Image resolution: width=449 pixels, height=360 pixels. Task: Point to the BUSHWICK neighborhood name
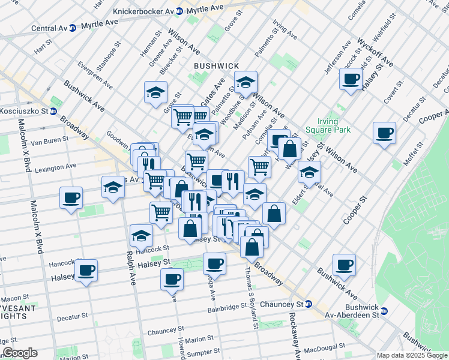tap(216, 66)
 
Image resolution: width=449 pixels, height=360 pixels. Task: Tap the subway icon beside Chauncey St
tap(309, 304)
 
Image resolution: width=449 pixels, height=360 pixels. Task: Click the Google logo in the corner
tap(20, 353)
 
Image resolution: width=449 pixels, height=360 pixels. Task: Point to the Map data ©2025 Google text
tap(412, 355)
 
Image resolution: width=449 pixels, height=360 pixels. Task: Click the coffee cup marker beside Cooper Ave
tap(384, 133)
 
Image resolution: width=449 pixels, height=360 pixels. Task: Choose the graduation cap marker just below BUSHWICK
tap(246, 82)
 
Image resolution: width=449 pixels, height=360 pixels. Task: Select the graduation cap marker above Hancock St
tap(141, 236)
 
